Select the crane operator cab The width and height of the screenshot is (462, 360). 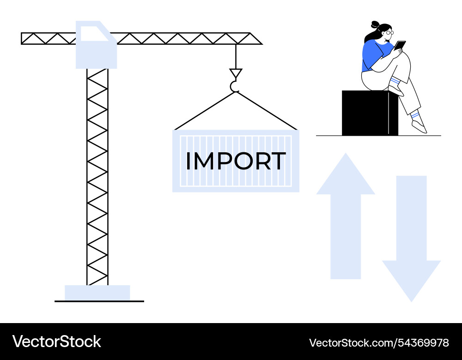[96, 45]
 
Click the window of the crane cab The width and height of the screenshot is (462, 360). [93, 33]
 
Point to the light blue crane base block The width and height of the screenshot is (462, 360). [97, 293]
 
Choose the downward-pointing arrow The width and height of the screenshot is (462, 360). [411, 239]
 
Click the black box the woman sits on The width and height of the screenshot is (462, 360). [370, 113]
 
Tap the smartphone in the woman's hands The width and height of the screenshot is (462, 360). [400, 45]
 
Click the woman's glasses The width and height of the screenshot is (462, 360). [389, 33]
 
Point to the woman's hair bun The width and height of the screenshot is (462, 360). [375, 24]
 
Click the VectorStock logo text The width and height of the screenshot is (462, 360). [56, 342]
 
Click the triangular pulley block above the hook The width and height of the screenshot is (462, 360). [236, 73]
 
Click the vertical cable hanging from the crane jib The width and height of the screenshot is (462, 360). [236, 56]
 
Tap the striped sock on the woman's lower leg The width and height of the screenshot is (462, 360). [414, 115]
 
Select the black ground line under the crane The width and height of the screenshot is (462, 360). [99, 301]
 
